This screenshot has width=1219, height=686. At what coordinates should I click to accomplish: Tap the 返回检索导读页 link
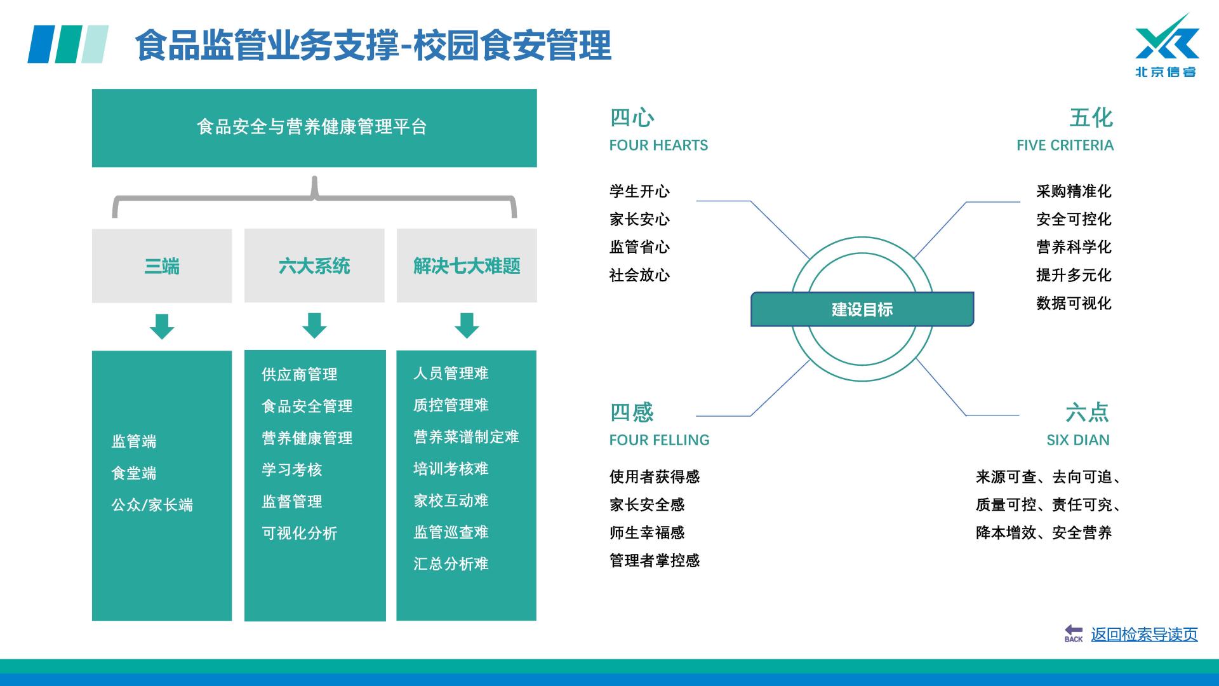click(1144, 634)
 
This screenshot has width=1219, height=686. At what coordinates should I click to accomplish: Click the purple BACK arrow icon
click(1074, 633)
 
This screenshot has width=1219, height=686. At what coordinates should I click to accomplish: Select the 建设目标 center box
click(862, 309)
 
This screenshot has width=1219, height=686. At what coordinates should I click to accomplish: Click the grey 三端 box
click(162, 266)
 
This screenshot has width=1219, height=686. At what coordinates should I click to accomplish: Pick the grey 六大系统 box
click(314, 266)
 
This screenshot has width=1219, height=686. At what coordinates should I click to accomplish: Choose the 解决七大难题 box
click(467, 266)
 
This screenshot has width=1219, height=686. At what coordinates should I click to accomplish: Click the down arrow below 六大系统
click(314, 325)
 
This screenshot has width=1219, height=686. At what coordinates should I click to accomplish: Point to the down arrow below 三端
click(162, 325)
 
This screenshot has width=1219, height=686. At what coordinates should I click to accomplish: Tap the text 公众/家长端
click(152, 505)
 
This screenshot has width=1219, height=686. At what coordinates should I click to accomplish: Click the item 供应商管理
click(300, 374)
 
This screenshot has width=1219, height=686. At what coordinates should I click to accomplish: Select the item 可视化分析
click(300, 533)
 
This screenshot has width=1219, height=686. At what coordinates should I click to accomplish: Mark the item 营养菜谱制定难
click(466, 437)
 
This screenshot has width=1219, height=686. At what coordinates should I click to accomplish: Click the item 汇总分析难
click(451, 564)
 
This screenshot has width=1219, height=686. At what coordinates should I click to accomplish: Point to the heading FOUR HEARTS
click(658, 145)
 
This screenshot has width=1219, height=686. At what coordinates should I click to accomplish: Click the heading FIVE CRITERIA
click(1065, 145)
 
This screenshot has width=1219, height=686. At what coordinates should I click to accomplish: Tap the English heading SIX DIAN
click(1078, 440)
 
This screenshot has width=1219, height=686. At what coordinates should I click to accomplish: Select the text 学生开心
click(639, 191)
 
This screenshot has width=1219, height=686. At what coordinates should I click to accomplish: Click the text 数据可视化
click(1074, 303)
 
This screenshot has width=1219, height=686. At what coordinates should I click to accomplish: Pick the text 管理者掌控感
click(655, 560)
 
